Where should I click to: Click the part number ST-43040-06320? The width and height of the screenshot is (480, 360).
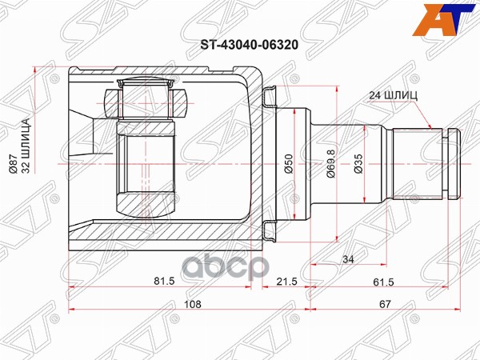tap(240, 46)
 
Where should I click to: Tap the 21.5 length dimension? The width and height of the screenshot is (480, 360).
tap(286, 282)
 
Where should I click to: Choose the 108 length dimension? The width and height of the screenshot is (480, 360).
tap(190, 305)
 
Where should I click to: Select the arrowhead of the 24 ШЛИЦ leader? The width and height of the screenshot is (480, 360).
tap(433, 127)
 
